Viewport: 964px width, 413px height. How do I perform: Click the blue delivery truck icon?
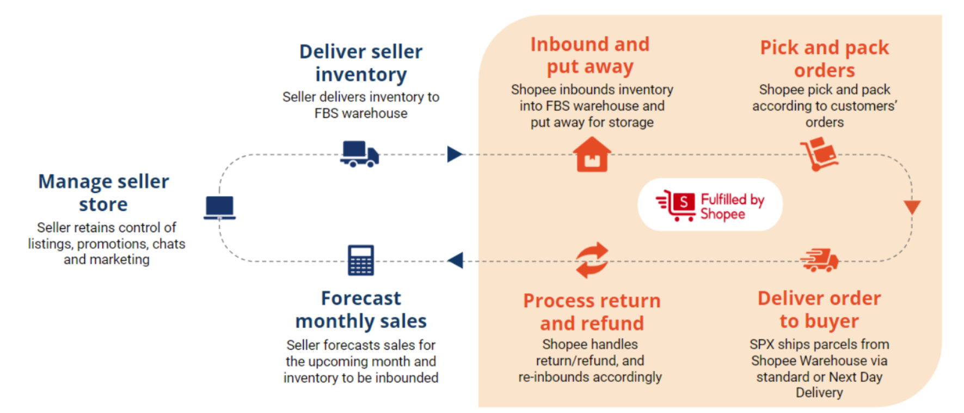tap(359, 154)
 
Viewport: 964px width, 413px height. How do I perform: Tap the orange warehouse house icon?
tap(592, 155)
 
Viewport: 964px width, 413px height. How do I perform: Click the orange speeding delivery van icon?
tap(820, 260)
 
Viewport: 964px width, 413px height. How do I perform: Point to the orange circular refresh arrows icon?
tap(592, 260)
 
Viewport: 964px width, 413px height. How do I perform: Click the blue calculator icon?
tap(361, 260)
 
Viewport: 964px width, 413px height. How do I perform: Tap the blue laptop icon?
tap(220, 208)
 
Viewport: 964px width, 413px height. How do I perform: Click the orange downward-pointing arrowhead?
tap(912, 206)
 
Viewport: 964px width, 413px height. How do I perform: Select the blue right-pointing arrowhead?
tap(455, 154)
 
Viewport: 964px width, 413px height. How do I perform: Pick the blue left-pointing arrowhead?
tap(455, 260)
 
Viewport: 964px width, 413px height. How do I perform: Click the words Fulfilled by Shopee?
tap(732, 206)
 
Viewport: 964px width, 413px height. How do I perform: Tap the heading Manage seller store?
tap(103, 192)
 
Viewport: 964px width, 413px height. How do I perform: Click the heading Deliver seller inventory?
tap(361, 63)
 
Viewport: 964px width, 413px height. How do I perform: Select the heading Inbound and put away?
tap(590, 55)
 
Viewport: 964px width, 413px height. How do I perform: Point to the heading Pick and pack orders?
tap(824, 58)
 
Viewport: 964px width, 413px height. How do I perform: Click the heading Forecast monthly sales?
tap(361, 309)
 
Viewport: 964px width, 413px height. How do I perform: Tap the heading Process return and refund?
tap(592, 312)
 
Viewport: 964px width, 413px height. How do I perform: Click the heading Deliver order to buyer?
tap(819, 309)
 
